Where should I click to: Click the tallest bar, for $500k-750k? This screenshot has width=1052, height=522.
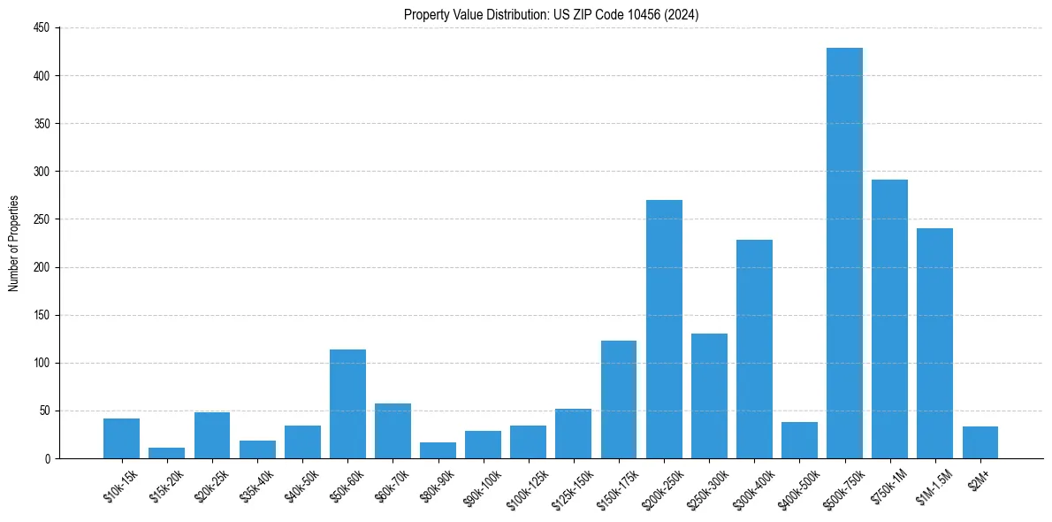[x=844, y=253]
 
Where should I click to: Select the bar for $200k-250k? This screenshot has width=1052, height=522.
[x=664, y=329]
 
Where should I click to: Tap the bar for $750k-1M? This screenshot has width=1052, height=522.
[x=889, y=319]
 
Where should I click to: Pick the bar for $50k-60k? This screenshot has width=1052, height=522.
[x=347, y=404]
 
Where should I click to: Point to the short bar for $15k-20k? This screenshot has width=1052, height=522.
[x=166, y=453]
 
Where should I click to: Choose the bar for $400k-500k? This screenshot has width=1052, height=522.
[x=799, y=441]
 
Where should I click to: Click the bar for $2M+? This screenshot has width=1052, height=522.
[x=980, y=442]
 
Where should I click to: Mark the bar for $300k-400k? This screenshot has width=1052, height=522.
[x=754, y=349]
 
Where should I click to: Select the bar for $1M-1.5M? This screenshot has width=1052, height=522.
[x=934, y=343]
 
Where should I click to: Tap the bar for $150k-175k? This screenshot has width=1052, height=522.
[x=619, y=400]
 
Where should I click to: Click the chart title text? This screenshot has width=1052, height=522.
[x=552, y=15]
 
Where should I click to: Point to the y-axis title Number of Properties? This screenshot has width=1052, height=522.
[x=13, y=243]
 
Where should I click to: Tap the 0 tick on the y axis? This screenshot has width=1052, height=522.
[x=49, y=458]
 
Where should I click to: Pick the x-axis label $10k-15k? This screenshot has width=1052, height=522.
[x=119, y=486]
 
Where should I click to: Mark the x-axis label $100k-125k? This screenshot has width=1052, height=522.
[x=524, y=487]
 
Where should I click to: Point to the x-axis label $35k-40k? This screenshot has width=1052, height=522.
[x=255, y=486]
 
